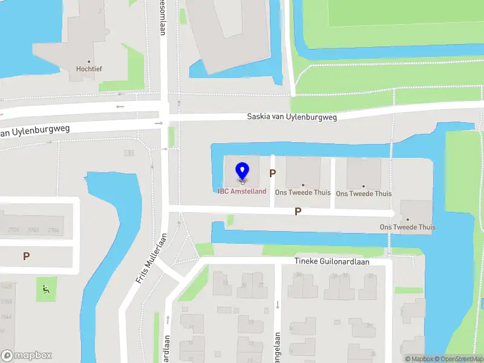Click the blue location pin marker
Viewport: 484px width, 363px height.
point(242,171)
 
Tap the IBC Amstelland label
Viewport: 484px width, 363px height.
point(242,191)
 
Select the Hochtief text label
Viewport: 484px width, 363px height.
point(89,69)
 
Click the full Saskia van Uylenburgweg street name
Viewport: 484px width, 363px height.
point(292,116)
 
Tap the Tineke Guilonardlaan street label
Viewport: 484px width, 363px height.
point(340,262)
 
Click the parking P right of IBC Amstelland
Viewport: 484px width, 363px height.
point(273,173)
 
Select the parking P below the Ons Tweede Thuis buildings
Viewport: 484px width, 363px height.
point(298,211)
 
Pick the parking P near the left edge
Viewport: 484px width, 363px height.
point(26,256)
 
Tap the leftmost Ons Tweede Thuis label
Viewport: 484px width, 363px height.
point(302,192)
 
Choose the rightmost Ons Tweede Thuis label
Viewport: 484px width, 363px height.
point(407,227)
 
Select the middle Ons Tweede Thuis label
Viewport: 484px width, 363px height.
point(364,194)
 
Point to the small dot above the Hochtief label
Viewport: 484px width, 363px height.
point(89,61)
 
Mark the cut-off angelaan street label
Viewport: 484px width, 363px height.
point(277,348)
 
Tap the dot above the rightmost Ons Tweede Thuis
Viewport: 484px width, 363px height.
point(407,220)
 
